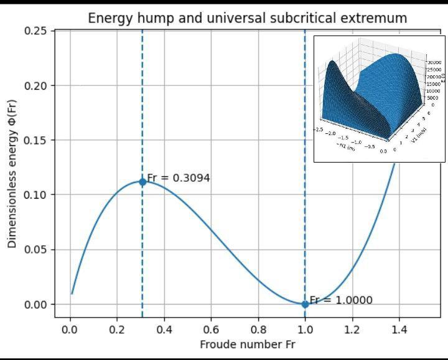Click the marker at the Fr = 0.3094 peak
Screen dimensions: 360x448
tap(142, 182)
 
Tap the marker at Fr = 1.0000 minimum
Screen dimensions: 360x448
tap(305, 305)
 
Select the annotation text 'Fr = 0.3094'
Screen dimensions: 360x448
tap(178, 178)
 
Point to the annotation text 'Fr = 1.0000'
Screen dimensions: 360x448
tap(341, 300)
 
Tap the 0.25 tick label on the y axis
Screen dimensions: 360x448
tap(37, 31)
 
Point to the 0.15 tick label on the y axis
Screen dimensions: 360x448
tap(37, 140)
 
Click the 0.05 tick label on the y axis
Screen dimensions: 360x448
tap(37, 250)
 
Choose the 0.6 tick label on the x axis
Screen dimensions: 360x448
tap(211, 329)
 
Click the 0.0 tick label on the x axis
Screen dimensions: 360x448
tap(70, 329)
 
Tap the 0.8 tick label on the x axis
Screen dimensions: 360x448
tap(258, 329)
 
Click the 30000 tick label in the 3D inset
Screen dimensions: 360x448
tap(433, 62)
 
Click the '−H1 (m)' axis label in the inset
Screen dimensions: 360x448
tap(346, 148)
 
